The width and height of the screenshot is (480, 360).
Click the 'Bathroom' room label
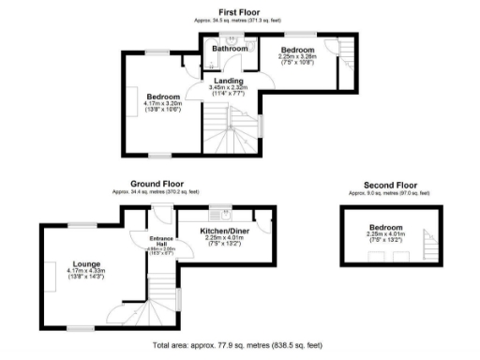(x=228, y=49)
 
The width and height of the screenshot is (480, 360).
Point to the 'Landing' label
(x=229, y=81)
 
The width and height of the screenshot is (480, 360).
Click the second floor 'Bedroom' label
(x=385, y=228)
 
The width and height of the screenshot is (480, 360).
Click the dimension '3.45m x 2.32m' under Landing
(x=229, y=88)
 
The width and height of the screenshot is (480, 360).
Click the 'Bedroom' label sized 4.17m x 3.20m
(x=162, y=97)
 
